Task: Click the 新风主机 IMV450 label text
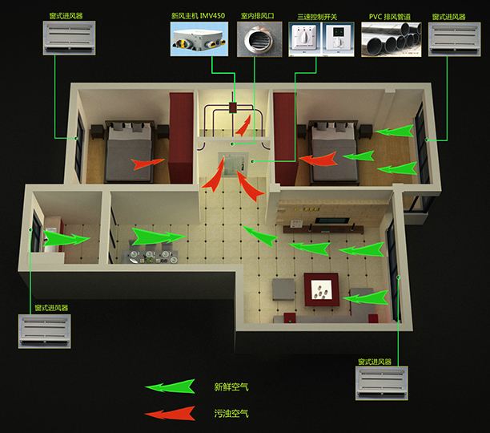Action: click(x=198, y=16)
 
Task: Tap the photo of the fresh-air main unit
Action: click(x=199, y=39)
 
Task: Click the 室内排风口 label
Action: click(x=258, y=16)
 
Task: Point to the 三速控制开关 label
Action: click(x=317, y=17)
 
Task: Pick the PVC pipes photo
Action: click(x=392, y=39)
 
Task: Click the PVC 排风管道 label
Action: click(x=390, y=17)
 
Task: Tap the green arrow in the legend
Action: click(x=171, y=386)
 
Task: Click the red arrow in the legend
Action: click(x=171, y=414)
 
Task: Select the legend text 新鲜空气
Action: click(x=231, y=387)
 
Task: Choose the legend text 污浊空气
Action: click(x=231, y=414)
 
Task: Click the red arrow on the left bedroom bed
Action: click(x=147, y=164)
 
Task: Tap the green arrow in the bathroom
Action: click(x=66, y=238)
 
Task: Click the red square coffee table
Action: click(x=322, y=289)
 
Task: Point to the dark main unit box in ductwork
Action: click(x=232, y=107)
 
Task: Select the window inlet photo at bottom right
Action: click(x=382, y=383)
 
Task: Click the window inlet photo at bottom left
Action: click(x=44, y=331)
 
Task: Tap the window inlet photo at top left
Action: click(x=69, y=38)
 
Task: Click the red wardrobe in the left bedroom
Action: click(x=181, y=138)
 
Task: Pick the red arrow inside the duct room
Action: click(x=243, y=126)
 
